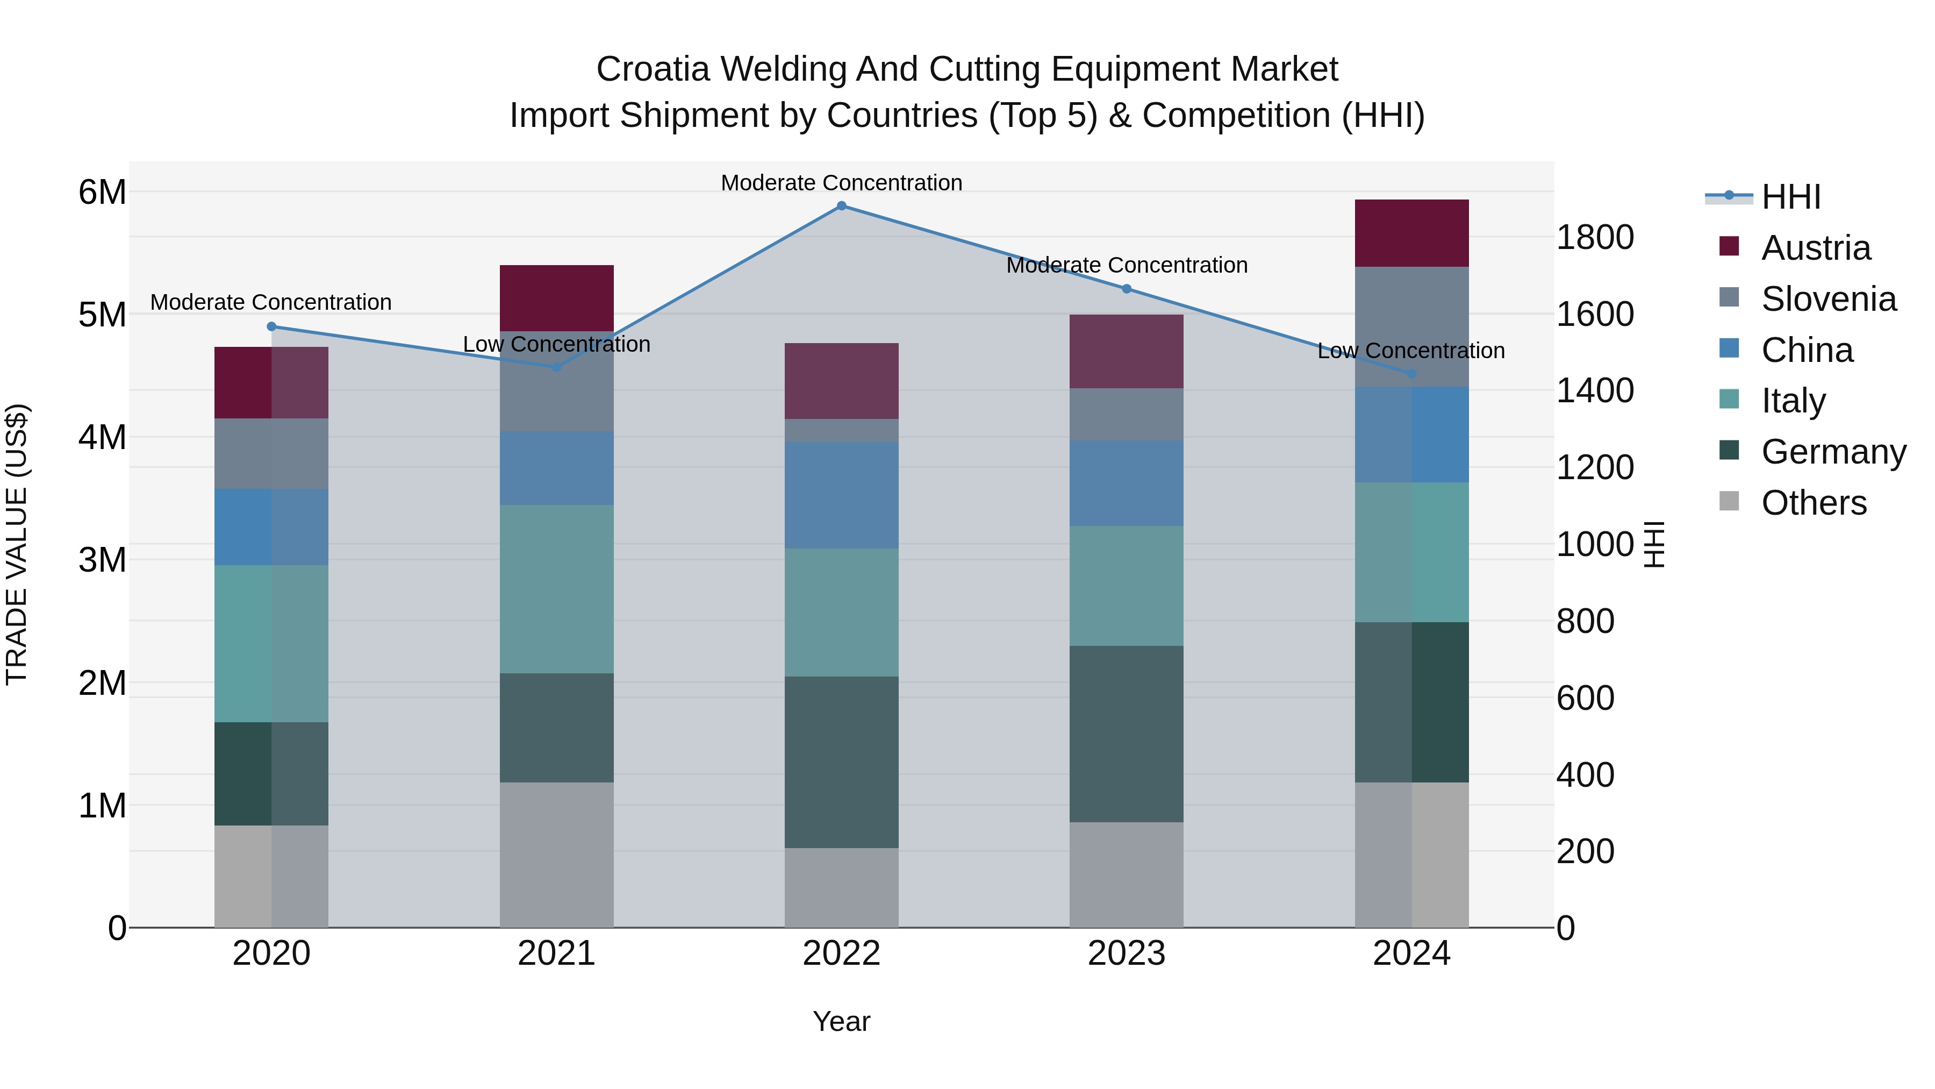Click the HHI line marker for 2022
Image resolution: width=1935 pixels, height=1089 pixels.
coord(841,206)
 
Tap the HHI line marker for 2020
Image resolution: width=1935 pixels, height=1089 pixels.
coord(272,326)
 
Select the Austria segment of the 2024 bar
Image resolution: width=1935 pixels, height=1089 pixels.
coord(1411,233)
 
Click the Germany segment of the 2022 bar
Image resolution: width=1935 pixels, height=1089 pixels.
coord(841,762)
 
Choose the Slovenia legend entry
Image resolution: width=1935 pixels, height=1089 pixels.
coord(1829,299)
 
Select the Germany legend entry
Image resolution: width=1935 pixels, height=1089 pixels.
coord(1833,452)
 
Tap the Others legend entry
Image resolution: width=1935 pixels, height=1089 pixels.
coord(1814,503)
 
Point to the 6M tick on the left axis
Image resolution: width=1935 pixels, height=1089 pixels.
coord(102,193)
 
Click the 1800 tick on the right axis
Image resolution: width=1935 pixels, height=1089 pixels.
coord(1595,238)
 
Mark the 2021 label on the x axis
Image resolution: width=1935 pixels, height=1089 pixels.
coord(557,953)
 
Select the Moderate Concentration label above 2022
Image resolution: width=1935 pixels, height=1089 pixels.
coord(841,183)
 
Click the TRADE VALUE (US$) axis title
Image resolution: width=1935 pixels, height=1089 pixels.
coord(17,544)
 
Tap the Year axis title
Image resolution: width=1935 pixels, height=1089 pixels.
coord(841,1021)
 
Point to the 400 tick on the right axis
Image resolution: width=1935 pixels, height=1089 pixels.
coord(1585,775)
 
